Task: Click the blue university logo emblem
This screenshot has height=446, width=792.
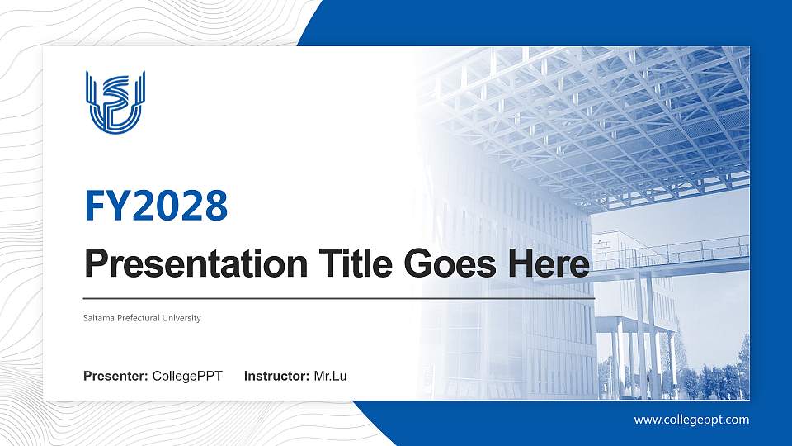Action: click(x=115, y=102)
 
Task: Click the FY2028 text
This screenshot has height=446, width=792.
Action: click(x=156, y=206)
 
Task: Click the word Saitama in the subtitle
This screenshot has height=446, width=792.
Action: click(x=98, y=318)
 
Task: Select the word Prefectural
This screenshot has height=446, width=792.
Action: click(x=141, y=318)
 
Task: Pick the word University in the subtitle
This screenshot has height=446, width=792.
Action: click(x=184, y=318)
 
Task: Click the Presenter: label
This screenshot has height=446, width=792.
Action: click(x=115, y=377)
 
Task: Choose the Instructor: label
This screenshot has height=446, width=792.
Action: click(x=277, y=377)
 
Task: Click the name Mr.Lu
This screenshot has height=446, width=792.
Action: click(x=330, y=377)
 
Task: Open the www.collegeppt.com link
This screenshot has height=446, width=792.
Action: click(x=691, y=420)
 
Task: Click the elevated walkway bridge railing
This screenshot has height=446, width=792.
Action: click(x=676, y=249)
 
